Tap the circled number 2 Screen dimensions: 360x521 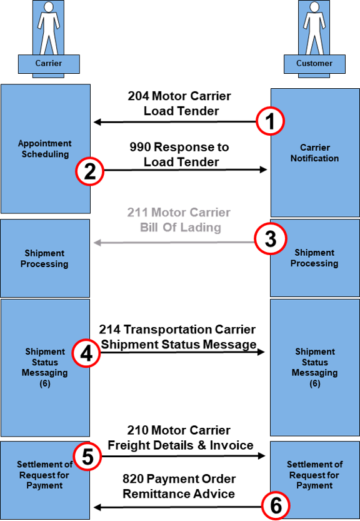pyautogui.click(x=89, y=171)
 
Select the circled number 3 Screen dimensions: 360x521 pyautogui.click(x=271, y=239)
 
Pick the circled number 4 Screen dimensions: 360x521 pyautogui.click(x=86, y=353)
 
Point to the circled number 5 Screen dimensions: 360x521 pyautogui.click(x=87, y=456)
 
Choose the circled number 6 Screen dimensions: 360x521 pyautogui.click(x=276, y=506)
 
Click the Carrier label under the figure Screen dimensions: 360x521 pyautogui.click(x=49, y=63)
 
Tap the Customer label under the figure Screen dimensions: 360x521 pyautogui.click(x=314, y=63)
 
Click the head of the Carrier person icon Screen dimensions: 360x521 pyautogui.click(x=49, y=8)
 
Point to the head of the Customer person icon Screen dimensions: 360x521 pyautogui.click(x=314, y=8)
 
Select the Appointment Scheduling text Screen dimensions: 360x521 pyautogui.click(x=44, y=149)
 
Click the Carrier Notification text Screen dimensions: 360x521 pyautogui.click(x=314, y=153)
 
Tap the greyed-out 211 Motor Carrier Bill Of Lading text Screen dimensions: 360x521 pyautogui.click(x=179, y=220)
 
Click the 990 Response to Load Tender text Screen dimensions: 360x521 pyautogui.click(x=179, y=154)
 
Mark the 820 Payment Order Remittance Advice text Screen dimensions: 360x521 pyautogui.click(x=179, y=486)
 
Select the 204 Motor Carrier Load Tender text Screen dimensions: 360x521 pyautogui.click(x=179, y=103)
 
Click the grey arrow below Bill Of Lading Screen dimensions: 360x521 pyautogui.click(x=174, y=243)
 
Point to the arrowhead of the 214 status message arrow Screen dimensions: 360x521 pyautogui.click(x=261, y=352)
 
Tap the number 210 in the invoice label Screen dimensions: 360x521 pyautogui.click(x=138, y=430)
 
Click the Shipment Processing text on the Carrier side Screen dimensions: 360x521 pyautogui.click(x=44, y=258)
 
